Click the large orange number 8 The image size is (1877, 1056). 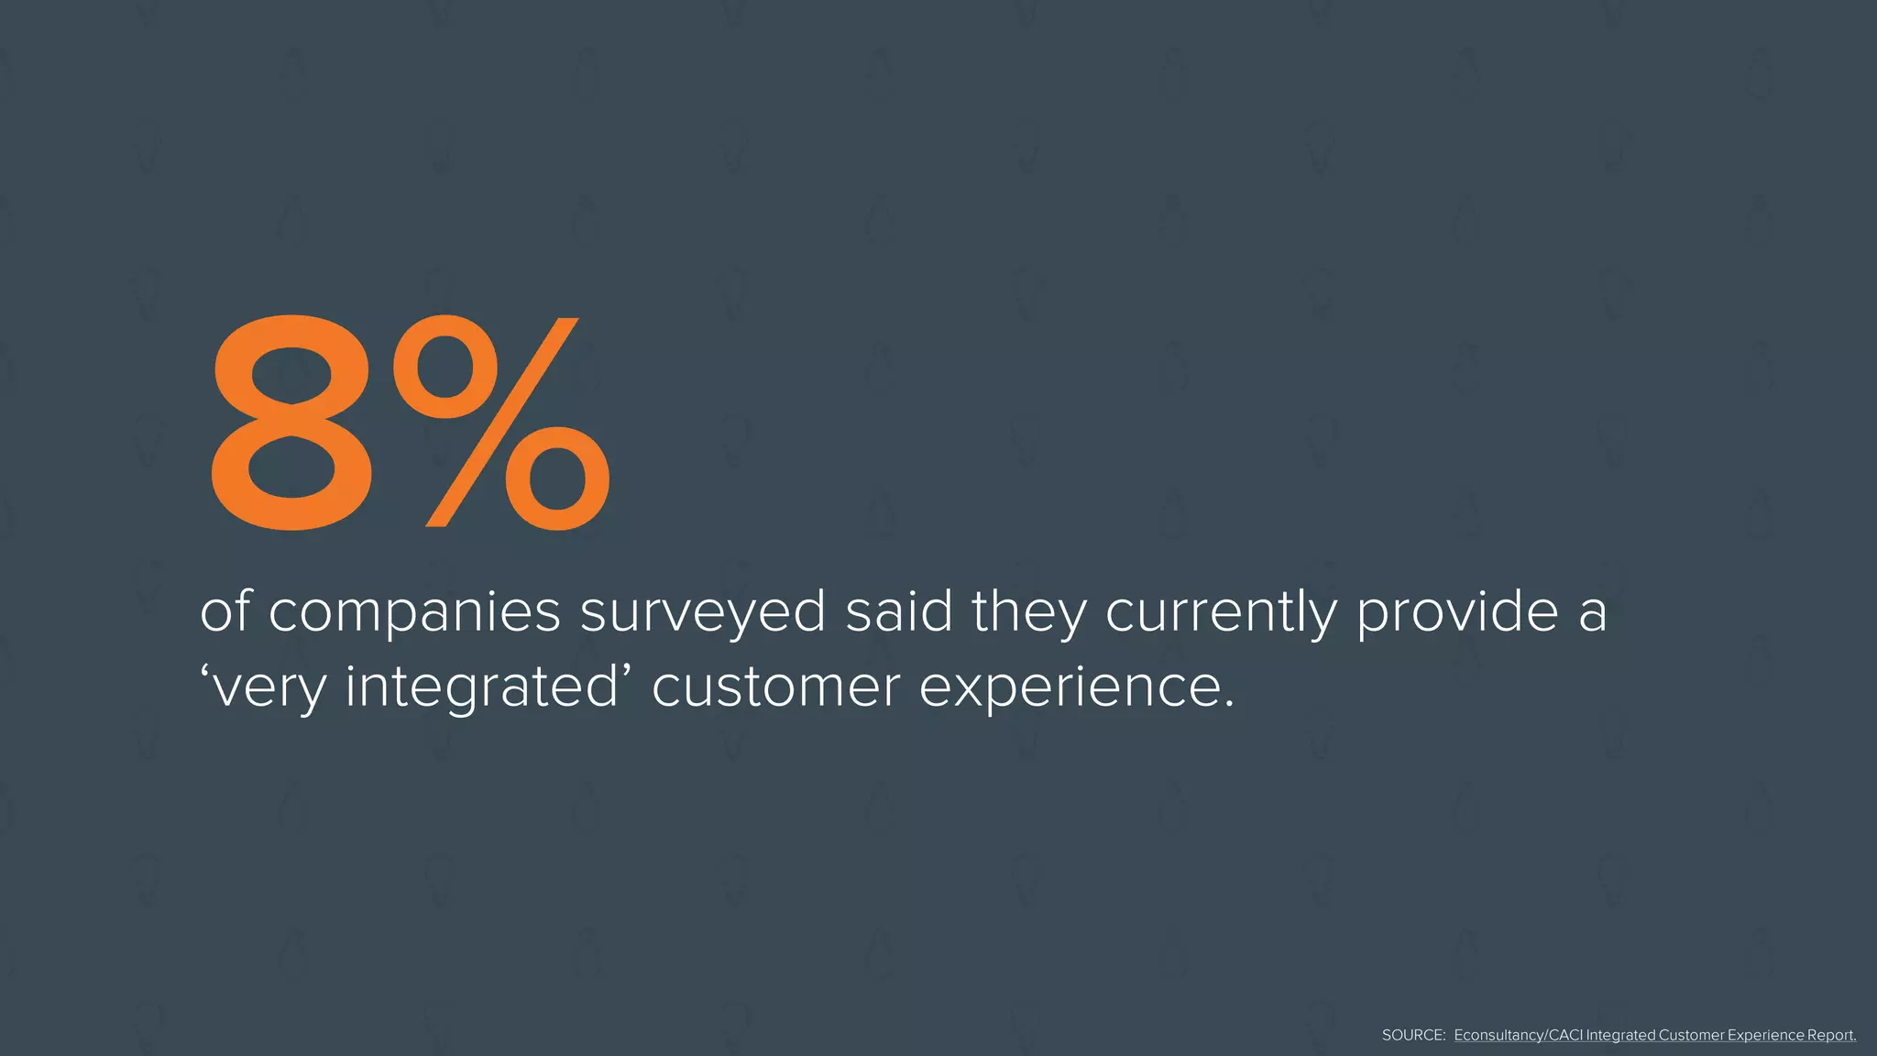(291, 424)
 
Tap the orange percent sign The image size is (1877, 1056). (501, 423)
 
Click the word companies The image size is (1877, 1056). (414, 612)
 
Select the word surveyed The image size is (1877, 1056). (703, 612)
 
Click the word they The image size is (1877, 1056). (1028, 612)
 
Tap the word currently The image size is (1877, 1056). (1221, 612)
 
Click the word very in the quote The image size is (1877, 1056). (265, 687)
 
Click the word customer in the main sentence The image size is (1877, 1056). (775, 687)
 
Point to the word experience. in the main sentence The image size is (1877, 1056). (1077, 687)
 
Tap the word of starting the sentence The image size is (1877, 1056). (225, 611)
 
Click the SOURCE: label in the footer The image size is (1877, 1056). (1413, 1035)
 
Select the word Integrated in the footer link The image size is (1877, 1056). (1620, 1035)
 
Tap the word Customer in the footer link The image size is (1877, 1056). (1691, 1035)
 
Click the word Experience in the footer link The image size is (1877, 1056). (1765, 1035)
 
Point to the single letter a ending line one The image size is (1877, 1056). (1593, 612)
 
